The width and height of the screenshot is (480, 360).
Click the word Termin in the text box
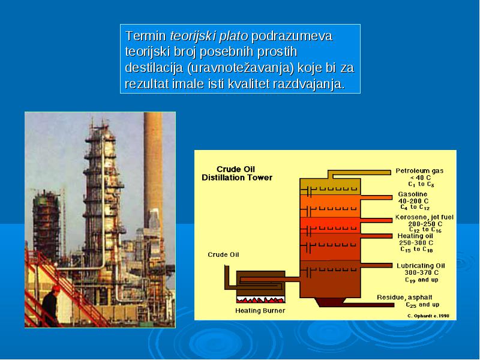tap(145, 36)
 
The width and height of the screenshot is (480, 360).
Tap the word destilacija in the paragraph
tap(154, 68)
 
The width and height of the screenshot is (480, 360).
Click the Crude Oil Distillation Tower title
tap(236, 173)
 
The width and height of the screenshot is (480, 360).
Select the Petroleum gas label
tap(419, 171)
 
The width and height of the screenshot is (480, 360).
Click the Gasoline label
tap(413, 194)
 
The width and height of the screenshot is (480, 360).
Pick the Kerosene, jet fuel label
tap(424, 217)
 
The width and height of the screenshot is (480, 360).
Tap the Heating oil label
tap(415, 236)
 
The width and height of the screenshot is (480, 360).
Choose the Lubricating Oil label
tap(421, 266)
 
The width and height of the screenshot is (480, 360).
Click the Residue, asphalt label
tap(404, 297)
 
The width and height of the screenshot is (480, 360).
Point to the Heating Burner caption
tap(260, 311)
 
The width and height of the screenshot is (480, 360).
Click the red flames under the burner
tap(260, 299)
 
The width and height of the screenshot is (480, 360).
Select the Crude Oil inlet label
tap(223, 254)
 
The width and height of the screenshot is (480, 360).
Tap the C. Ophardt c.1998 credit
tap(428, 316)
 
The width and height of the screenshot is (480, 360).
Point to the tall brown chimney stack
tap(153, 172)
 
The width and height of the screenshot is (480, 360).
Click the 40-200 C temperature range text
tap(413, 201)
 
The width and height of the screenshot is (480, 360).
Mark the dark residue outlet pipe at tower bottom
tap(368, 305)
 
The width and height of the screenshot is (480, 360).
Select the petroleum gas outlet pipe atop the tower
tap(359, 173)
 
